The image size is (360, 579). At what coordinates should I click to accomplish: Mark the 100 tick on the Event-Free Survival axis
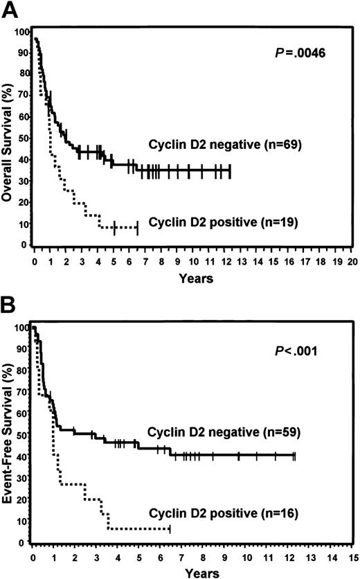pos(23,327)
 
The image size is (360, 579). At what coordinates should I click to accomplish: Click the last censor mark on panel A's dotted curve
pos(137,226)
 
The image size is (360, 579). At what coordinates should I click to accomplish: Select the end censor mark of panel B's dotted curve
pos(170,530)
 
